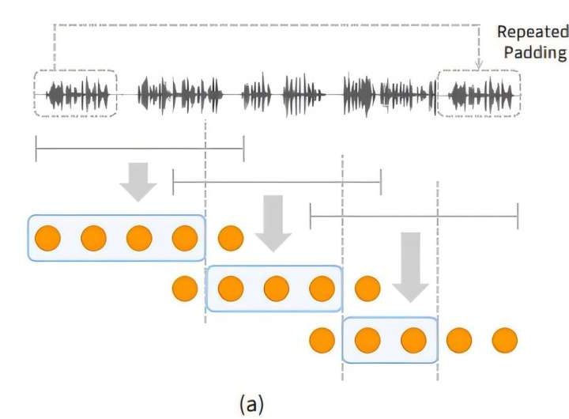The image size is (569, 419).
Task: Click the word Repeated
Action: tap(532, 32)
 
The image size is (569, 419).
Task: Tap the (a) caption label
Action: tap(252, 404)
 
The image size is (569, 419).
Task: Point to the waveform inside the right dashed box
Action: tap(480, 95)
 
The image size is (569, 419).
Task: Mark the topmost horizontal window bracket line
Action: tap(139, 148)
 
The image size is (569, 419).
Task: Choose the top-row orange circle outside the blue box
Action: tap(230, 237)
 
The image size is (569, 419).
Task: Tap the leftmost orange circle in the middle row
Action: tap(184, 289)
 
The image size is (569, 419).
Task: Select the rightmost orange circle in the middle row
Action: tap(367, 289)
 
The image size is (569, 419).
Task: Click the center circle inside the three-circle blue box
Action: tap(276, 289)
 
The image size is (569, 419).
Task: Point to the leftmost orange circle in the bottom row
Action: tap(322, 341)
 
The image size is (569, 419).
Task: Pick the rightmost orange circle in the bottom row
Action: tap(504, 341)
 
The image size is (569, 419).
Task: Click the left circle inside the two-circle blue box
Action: tap(367, 341)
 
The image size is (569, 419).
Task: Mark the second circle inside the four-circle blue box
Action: tap(93, 237)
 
